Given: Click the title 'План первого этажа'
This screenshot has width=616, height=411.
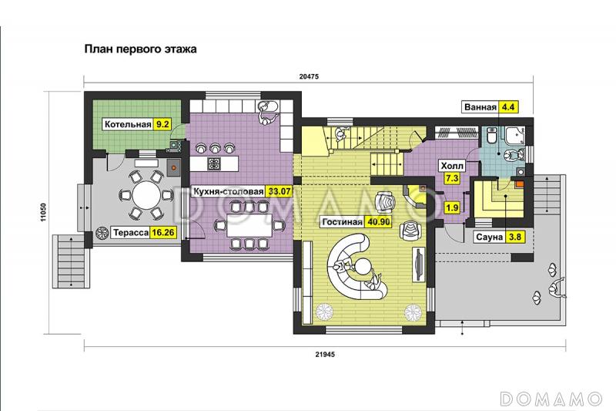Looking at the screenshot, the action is [141, 49].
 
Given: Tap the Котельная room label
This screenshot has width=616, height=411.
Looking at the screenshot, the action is [128, 125].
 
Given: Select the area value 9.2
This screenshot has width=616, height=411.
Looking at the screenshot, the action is [162, 125].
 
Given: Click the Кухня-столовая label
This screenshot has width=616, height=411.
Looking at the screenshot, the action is [228, 191].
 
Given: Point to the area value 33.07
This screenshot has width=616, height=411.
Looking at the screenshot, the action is [279, 191].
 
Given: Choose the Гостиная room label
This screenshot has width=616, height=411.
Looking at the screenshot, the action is [342, 222].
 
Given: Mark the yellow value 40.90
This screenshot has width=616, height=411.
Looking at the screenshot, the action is [379, 222].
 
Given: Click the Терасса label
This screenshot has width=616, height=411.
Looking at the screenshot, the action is [131, 232].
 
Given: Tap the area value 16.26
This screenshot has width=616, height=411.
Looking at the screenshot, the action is [163, 232].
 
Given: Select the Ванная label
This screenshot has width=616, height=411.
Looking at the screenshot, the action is [480, 107].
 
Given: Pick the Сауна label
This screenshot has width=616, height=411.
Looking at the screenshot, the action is [490, 238].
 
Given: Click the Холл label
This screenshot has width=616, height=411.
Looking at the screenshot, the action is [452, 166].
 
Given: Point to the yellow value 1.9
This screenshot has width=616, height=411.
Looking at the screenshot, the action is [452, 207].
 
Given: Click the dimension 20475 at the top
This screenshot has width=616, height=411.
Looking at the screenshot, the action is [309, 76].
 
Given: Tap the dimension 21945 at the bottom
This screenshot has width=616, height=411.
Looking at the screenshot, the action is [325, 355].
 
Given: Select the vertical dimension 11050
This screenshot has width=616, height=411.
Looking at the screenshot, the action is [43, 212].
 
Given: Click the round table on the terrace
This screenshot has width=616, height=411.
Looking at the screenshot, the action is [146, 195].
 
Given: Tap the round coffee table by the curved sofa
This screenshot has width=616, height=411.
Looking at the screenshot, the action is [363, 266].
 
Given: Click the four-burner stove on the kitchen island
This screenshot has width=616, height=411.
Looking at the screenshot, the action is [214, 164].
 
